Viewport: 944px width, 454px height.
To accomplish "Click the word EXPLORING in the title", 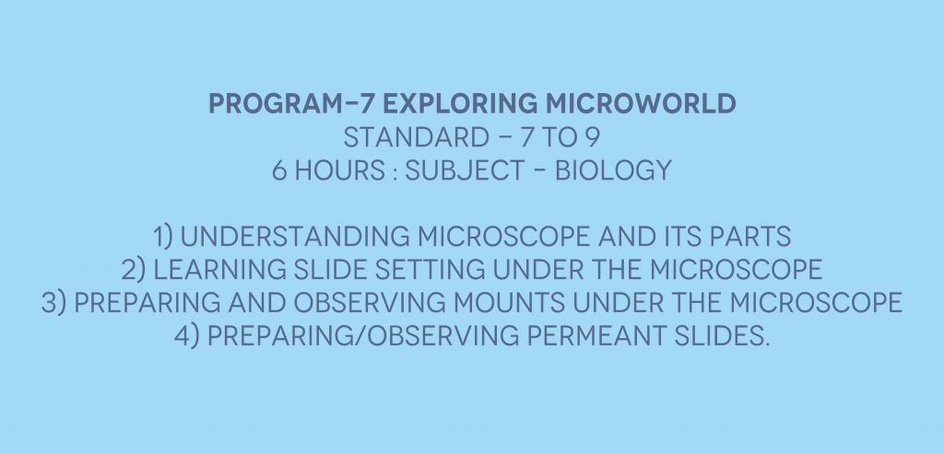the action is (460, 103).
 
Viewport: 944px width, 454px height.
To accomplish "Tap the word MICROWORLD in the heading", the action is (641, 103).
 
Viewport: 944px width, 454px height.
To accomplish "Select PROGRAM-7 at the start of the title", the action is (291, 103).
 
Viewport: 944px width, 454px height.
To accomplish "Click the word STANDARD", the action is (416, 138).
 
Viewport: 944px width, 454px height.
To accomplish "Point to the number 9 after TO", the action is (593, 138).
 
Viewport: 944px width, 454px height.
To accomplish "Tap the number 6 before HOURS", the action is (280, 170).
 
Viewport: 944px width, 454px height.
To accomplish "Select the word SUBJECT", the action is (465, 170).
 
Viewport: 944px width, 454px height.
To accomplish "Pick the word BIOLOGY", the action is (613, 170).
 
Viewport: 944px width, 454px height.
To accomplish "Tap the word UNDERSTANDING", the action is (295, 237).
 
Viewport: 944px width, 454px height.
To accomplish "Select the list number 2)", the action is (133, 270).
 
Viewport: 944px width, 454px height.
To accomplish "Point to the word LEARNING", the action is (219, 270).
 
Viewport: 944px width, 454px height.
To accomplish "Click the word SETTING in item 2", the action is (430, 270).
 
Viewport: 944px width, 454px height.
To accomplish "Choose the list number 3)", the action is (53, 302).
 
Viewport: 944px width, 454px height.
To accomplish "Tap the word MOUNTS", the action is (509, 302).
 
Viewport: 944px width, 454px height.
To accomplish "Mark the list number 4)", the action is (186, 335).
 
